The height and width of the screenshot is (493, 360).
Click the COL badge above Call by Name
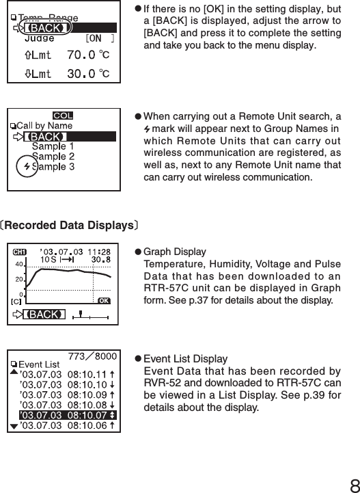tap(63, 115)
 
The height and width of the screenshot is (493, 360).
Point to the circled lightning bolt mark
tap(27, 167)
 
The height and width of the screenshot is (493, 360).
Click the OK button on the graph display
tap(102, 299)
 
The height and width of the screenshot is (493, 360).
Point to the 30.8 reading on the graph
tap(101, 259)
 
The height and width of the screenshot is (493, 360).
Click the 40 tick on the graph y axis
tap(20, 264)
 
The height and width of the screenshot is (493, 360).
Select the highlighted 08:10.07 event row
tap(67, 414)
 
